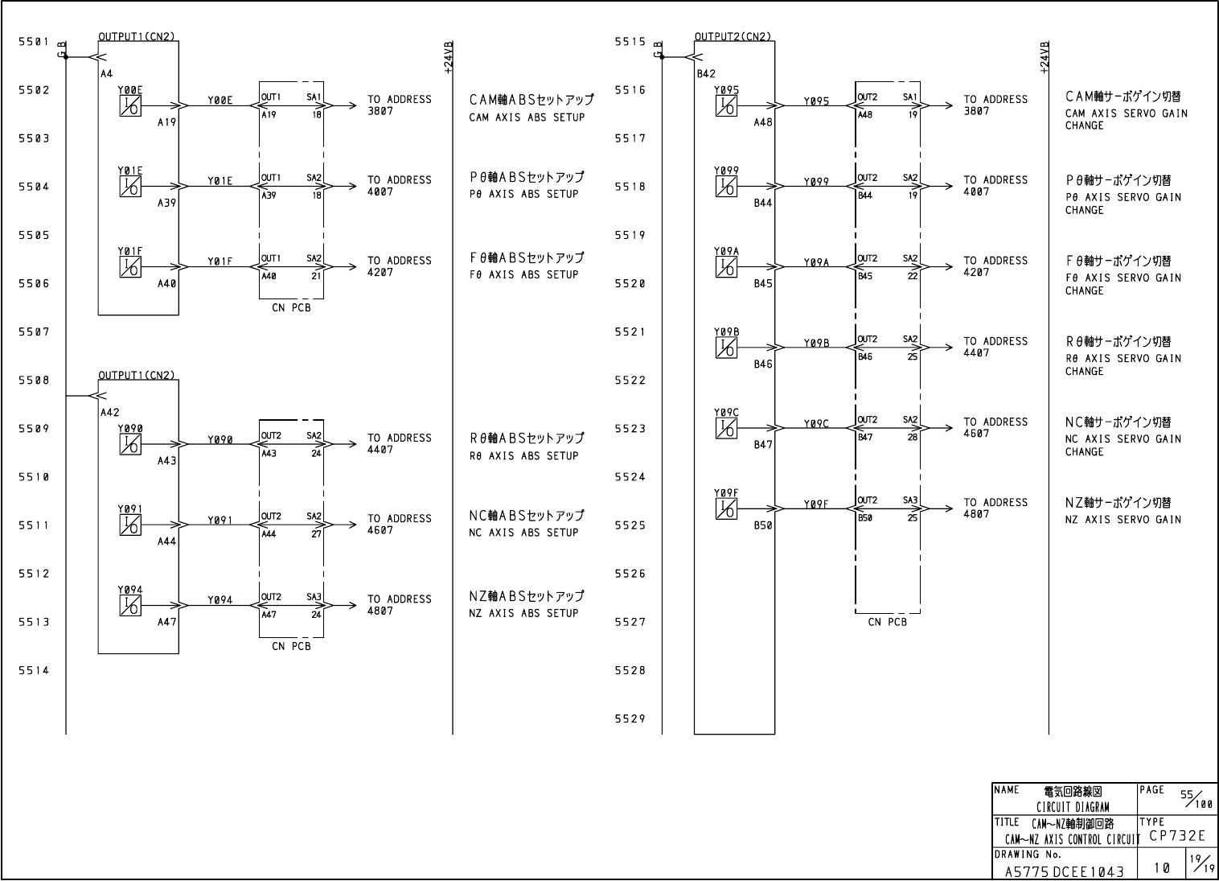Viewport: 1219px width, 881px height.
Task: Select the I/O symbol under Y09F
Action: tap(726, 508)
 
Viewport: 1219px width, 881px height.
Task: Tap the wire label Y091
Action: tap(220, 520)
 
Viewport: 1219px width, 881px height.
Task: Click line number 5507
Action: tap(35, 331)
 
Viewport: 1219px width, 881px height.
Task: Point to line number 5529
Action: tap(630, 719)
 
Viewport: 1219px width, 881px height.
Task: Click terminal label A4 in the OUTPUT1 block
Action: tap(107, 73)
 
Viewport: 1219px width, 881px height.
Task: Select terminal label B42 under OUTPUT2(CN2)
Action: tap(706, 73)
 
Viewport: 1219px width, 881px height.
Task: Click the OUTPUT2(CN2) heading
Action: tap(733, 36)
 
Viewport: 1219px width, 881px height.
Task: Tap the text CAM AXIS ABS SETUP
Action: tap(527, 117)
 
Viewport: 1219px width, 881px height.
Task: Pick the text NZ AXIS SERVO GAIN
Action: tap(1123, 520)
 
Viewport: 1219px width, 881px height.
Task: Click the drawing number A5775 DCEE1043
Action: tap(1065, 871)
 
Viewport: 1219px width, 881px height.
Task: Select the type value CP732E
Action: tap(1177, 836)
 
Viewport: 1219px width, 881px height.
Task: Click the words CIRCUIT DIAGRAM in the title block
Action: tap(1073, 807)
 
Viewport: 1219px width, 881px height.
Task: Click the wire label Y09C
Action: tap(816, 423)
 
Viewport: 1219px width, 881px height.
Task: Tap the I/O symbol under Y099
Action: tap(726, 187)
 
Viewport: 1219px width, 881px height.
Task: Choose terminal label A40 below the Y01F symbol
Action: tap(166, 283)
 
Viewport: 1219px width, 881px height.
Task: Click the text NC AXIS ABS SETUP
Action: tap(523, 533)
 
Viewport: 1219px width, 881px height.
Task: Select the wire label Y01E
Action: tap(220, 181)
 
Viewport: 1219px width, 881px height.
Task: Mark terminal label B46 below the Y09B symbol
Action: tap(763, 364)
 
